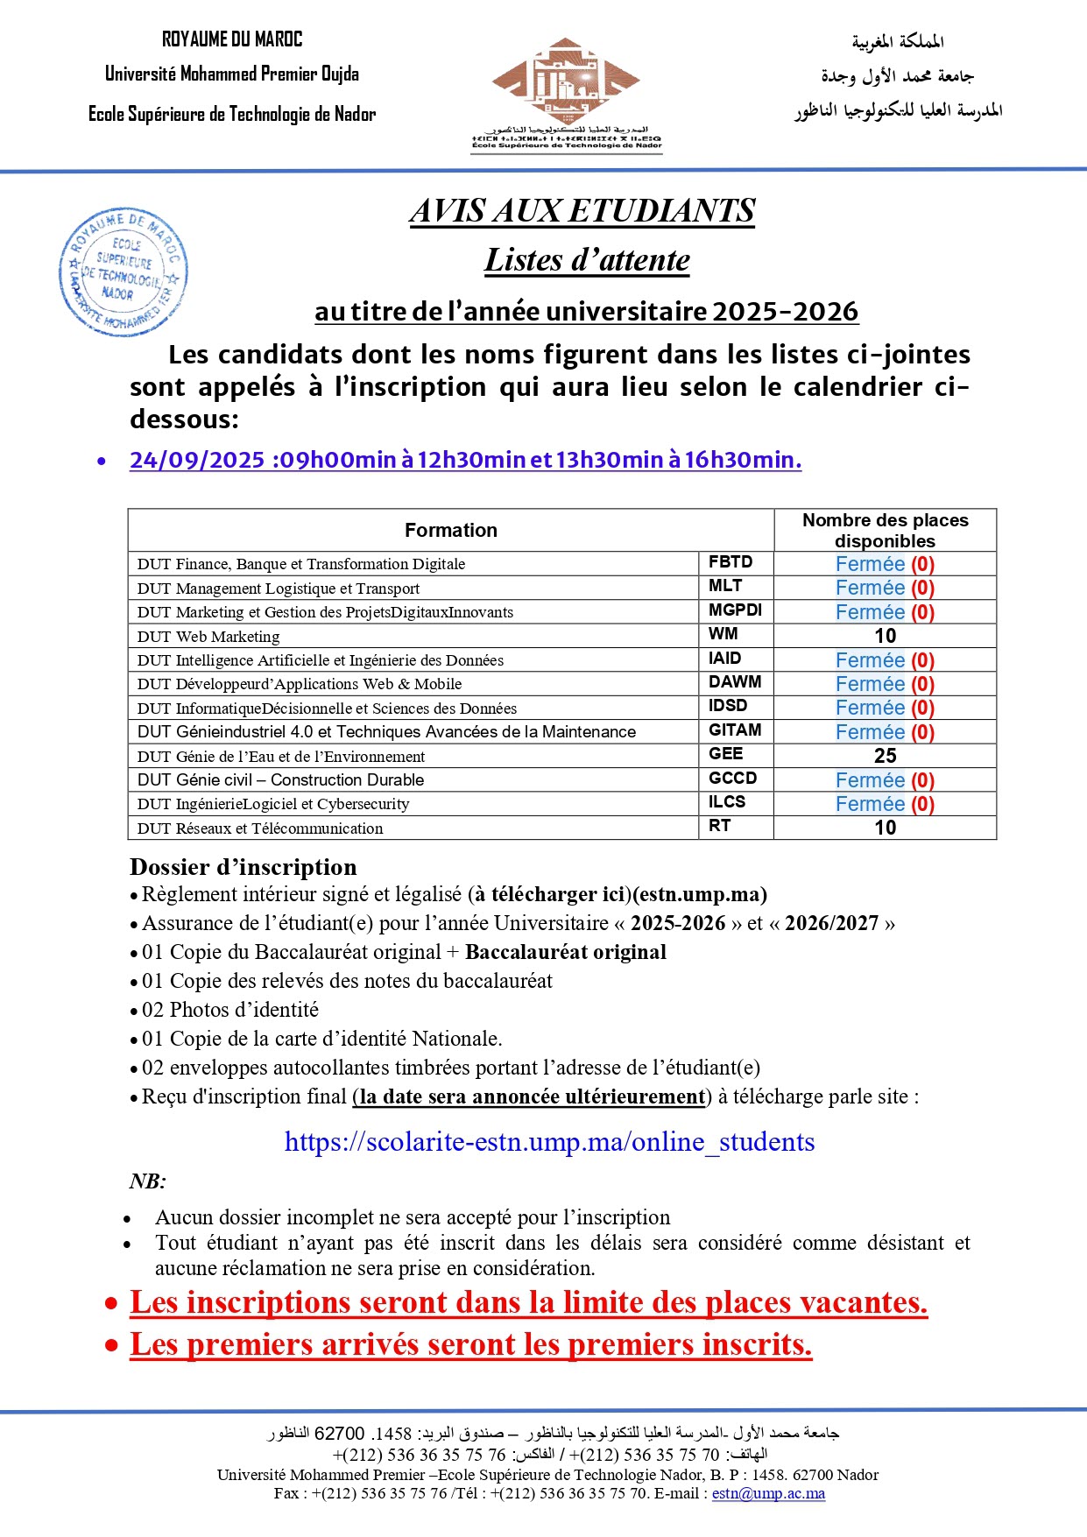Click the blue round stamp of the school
[x=124, y=273]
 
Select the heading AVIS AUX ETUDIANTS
[x=582, y=210]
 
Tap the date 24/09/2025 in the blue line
[x=197, y=460]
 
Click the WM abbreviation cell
[x=723, y=634]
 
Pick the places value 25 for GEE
[x=885, y=756]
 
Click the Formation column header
[x=450, y=530]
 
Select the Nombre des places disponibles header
[x=885, y=530]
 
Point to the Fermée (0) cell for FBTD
[x=885, y=564]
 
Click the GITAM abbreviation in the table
[x=735, y=730]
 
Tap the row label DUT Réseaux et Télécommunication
[x=260, y=828]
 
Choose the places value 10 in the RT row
[x=885, y=828]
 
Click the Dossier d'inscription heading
[x=244, y=867]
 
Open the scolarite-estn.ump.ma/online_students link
[x=549, y=1142]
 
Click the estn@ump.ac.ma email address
[x=768, y=1493]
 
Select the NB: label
[x=148, y=1181]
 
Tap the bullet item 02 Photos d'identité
[x=230, y=1010]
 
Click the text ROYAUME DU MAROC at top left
[x=232, y=39]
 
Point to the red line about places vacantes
[x=528, y=1303]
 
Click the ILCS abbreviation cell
[x=727, y=802]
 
